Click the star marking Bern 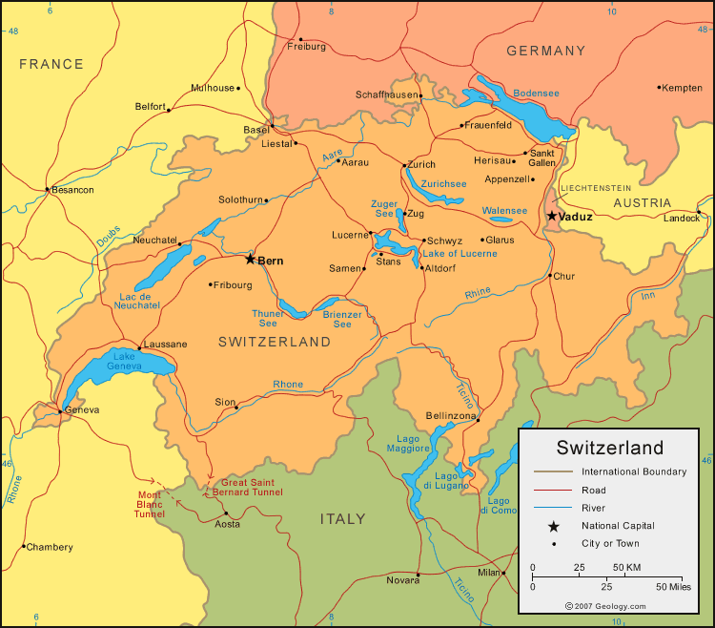[x=250, y=259]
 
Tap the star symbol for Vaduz [x=552, y=217]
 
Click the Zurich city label [x=420, y=164]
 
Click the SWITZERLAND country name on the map [x=275, y=342]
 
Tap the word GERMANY [x=545, y=51]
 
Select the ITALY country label [x=342, y=519]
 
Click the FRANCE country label [x=51, y=64]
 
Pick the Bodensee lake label [x=536, y=93]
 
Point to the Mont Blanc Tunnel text [x=149, y=504]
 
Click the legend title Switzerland [x=610, y=448]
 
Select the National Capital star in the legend [x=553, y=525]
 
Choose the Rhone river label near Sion [x=288, y=385]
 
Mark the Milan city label [x=488, y=573]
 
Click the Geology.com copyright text [x=605, y=606]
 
